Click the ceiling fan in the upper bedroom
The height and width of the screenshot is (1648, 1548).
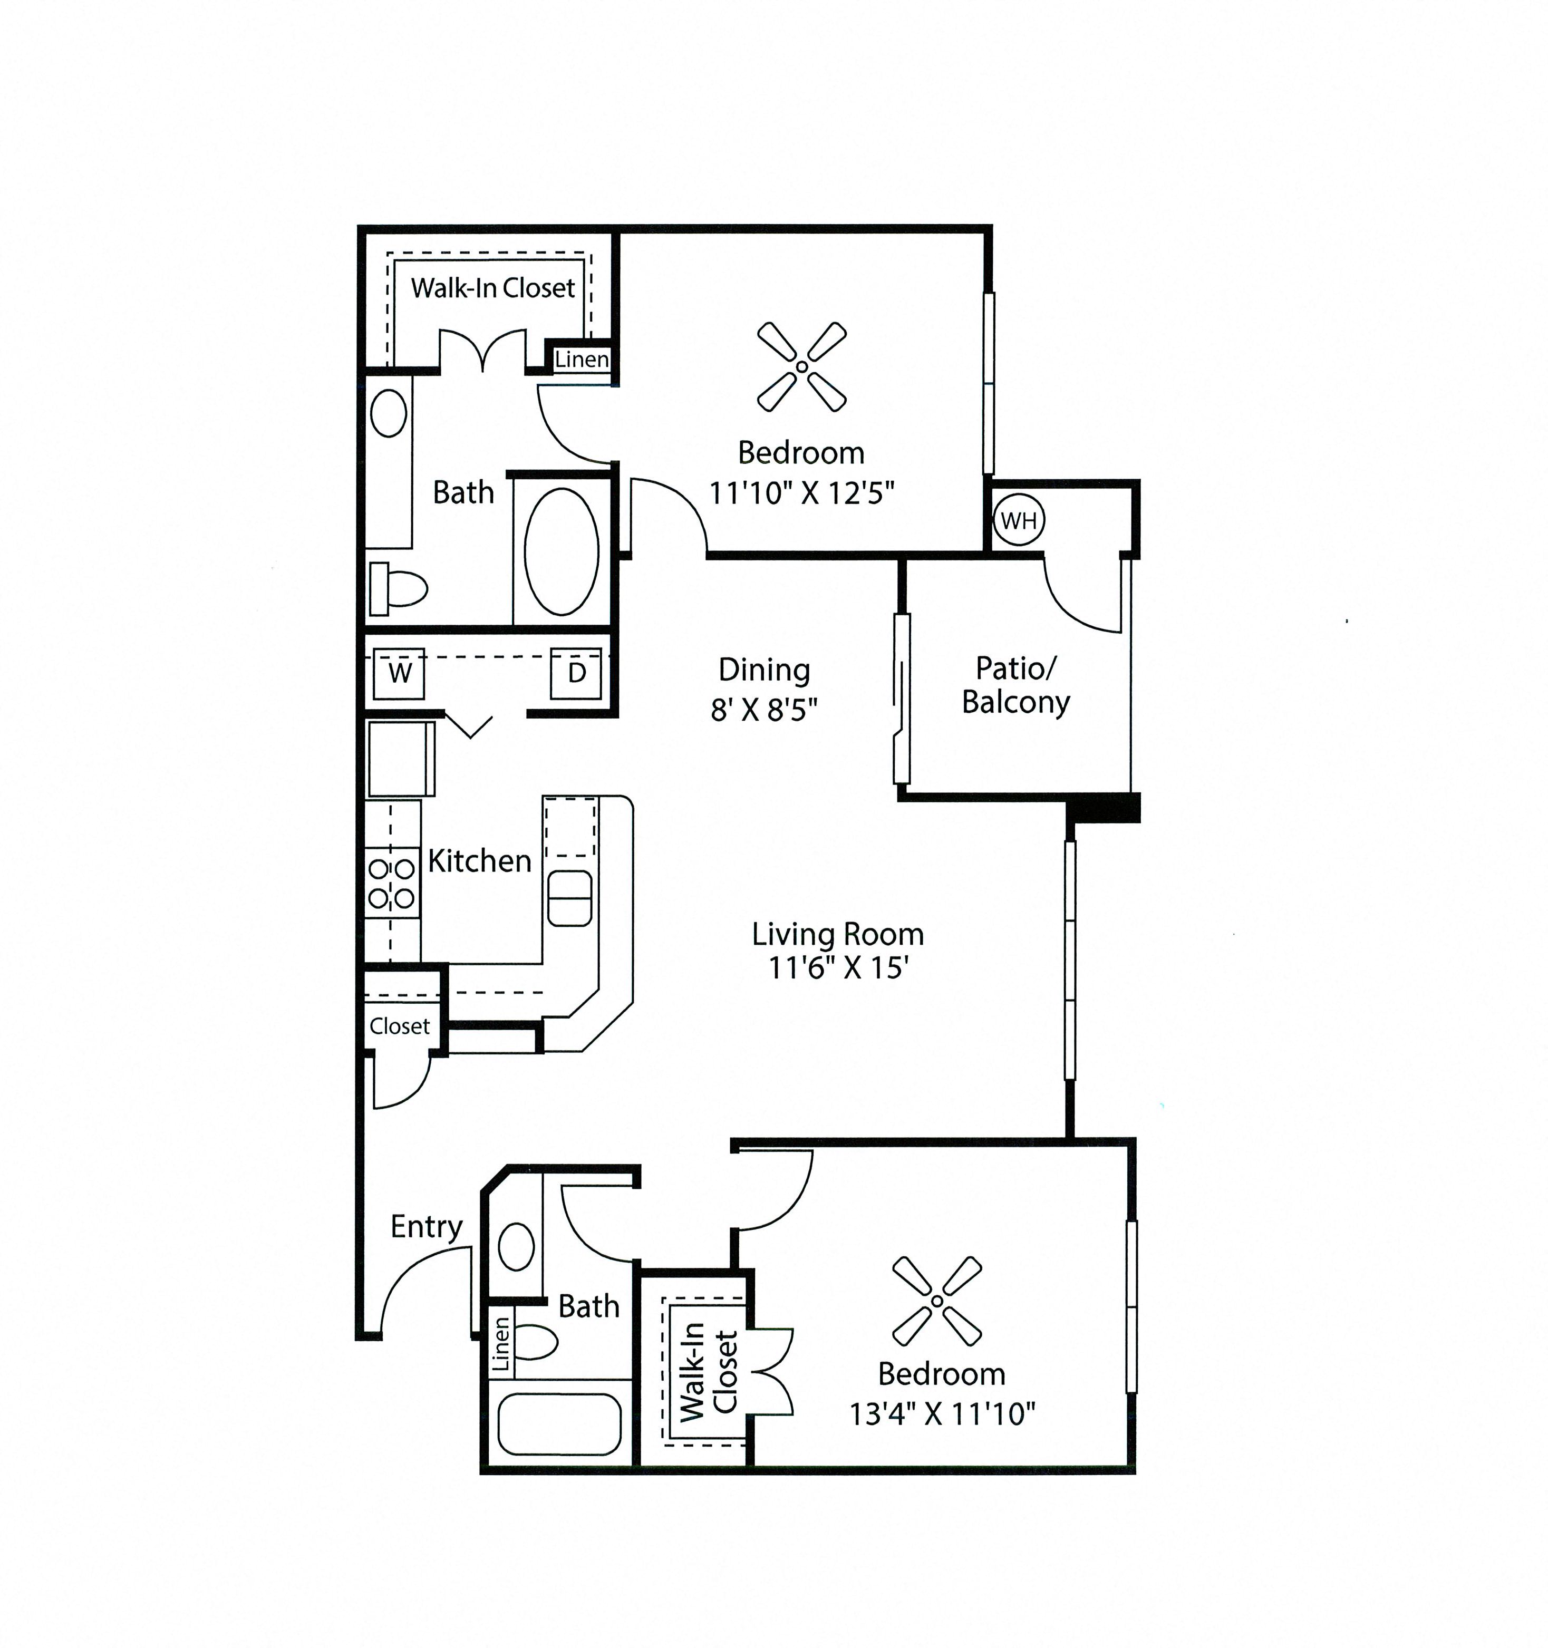point(802,366)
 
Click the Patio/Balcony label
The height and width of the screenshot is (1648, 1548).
point(1015,685)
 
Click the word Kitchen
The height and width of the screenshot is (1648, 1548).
point(479,861)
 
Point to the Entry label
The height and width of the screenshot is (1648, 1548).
point(426,1226)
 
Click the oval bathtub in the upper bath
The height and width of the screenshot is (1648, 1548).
point(562,551)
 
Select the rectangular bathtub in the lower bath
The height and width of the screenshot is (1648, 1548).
point(559,1423)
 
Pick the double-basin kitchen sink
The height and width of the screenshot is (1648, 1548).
point(569,898)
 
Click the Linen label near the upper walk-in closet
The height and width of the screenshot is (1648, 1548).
point(582,359)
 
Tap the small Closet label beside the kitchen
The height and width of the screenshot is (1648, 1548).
point(400,1026)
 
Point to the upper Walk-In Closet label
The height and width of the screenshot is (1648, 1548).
point(492,288)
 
